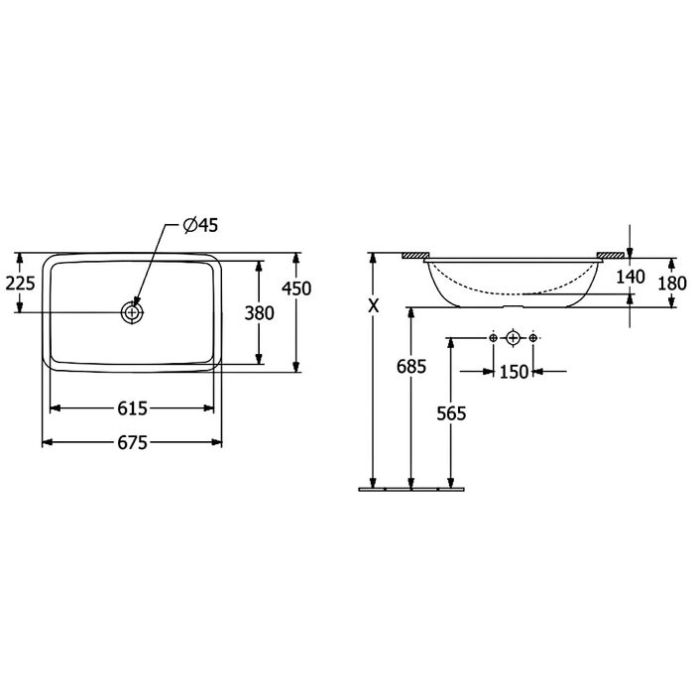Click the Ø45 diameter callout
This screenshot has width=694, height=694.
point(201,225)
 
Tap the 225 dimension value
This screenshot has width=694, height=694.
point(20,283)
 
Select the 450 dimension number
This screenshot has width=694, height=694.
point(296,289)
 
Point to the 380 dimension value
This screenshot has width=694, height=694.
point(260,313)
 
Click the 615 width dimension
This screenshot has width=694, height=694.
point(132,408)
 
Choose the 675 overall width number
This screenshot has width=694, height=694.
point(132,442)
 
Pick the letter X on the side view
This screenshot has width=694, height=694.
point(374,305)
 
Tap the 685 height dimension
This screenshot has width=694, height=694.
point(411,367)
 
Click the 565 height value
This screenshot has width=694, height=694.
point(451,413)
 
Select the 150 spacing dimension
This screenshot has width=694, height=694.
point(514,372)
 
